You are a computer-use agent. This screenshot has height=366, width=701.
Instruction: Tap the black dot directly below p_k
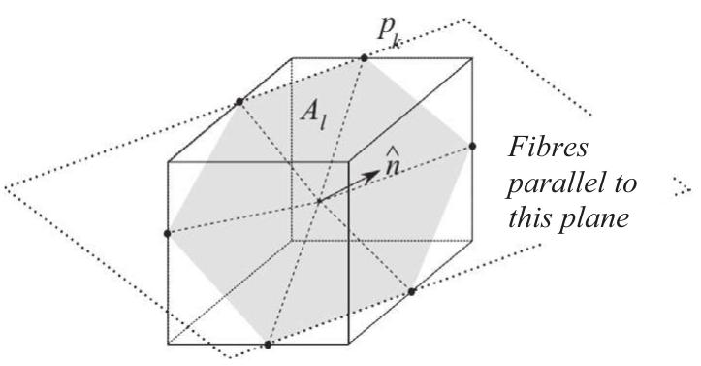click(365, 59)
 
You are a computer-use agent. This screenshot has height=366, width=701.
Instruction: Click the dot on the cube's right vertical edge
click(473, 146)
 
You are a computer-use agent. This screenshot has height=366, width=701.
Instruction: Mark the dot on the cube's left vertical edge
click(169, 233)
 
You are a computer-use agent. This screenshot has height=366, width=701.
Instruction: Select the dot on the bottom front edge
click(269, 344)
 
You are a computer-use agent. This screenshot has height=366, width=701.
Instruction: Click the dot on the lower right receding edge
click(411, 290)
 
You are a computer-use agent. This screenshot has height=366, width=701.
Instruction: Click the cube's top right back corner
click(474, 58)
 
